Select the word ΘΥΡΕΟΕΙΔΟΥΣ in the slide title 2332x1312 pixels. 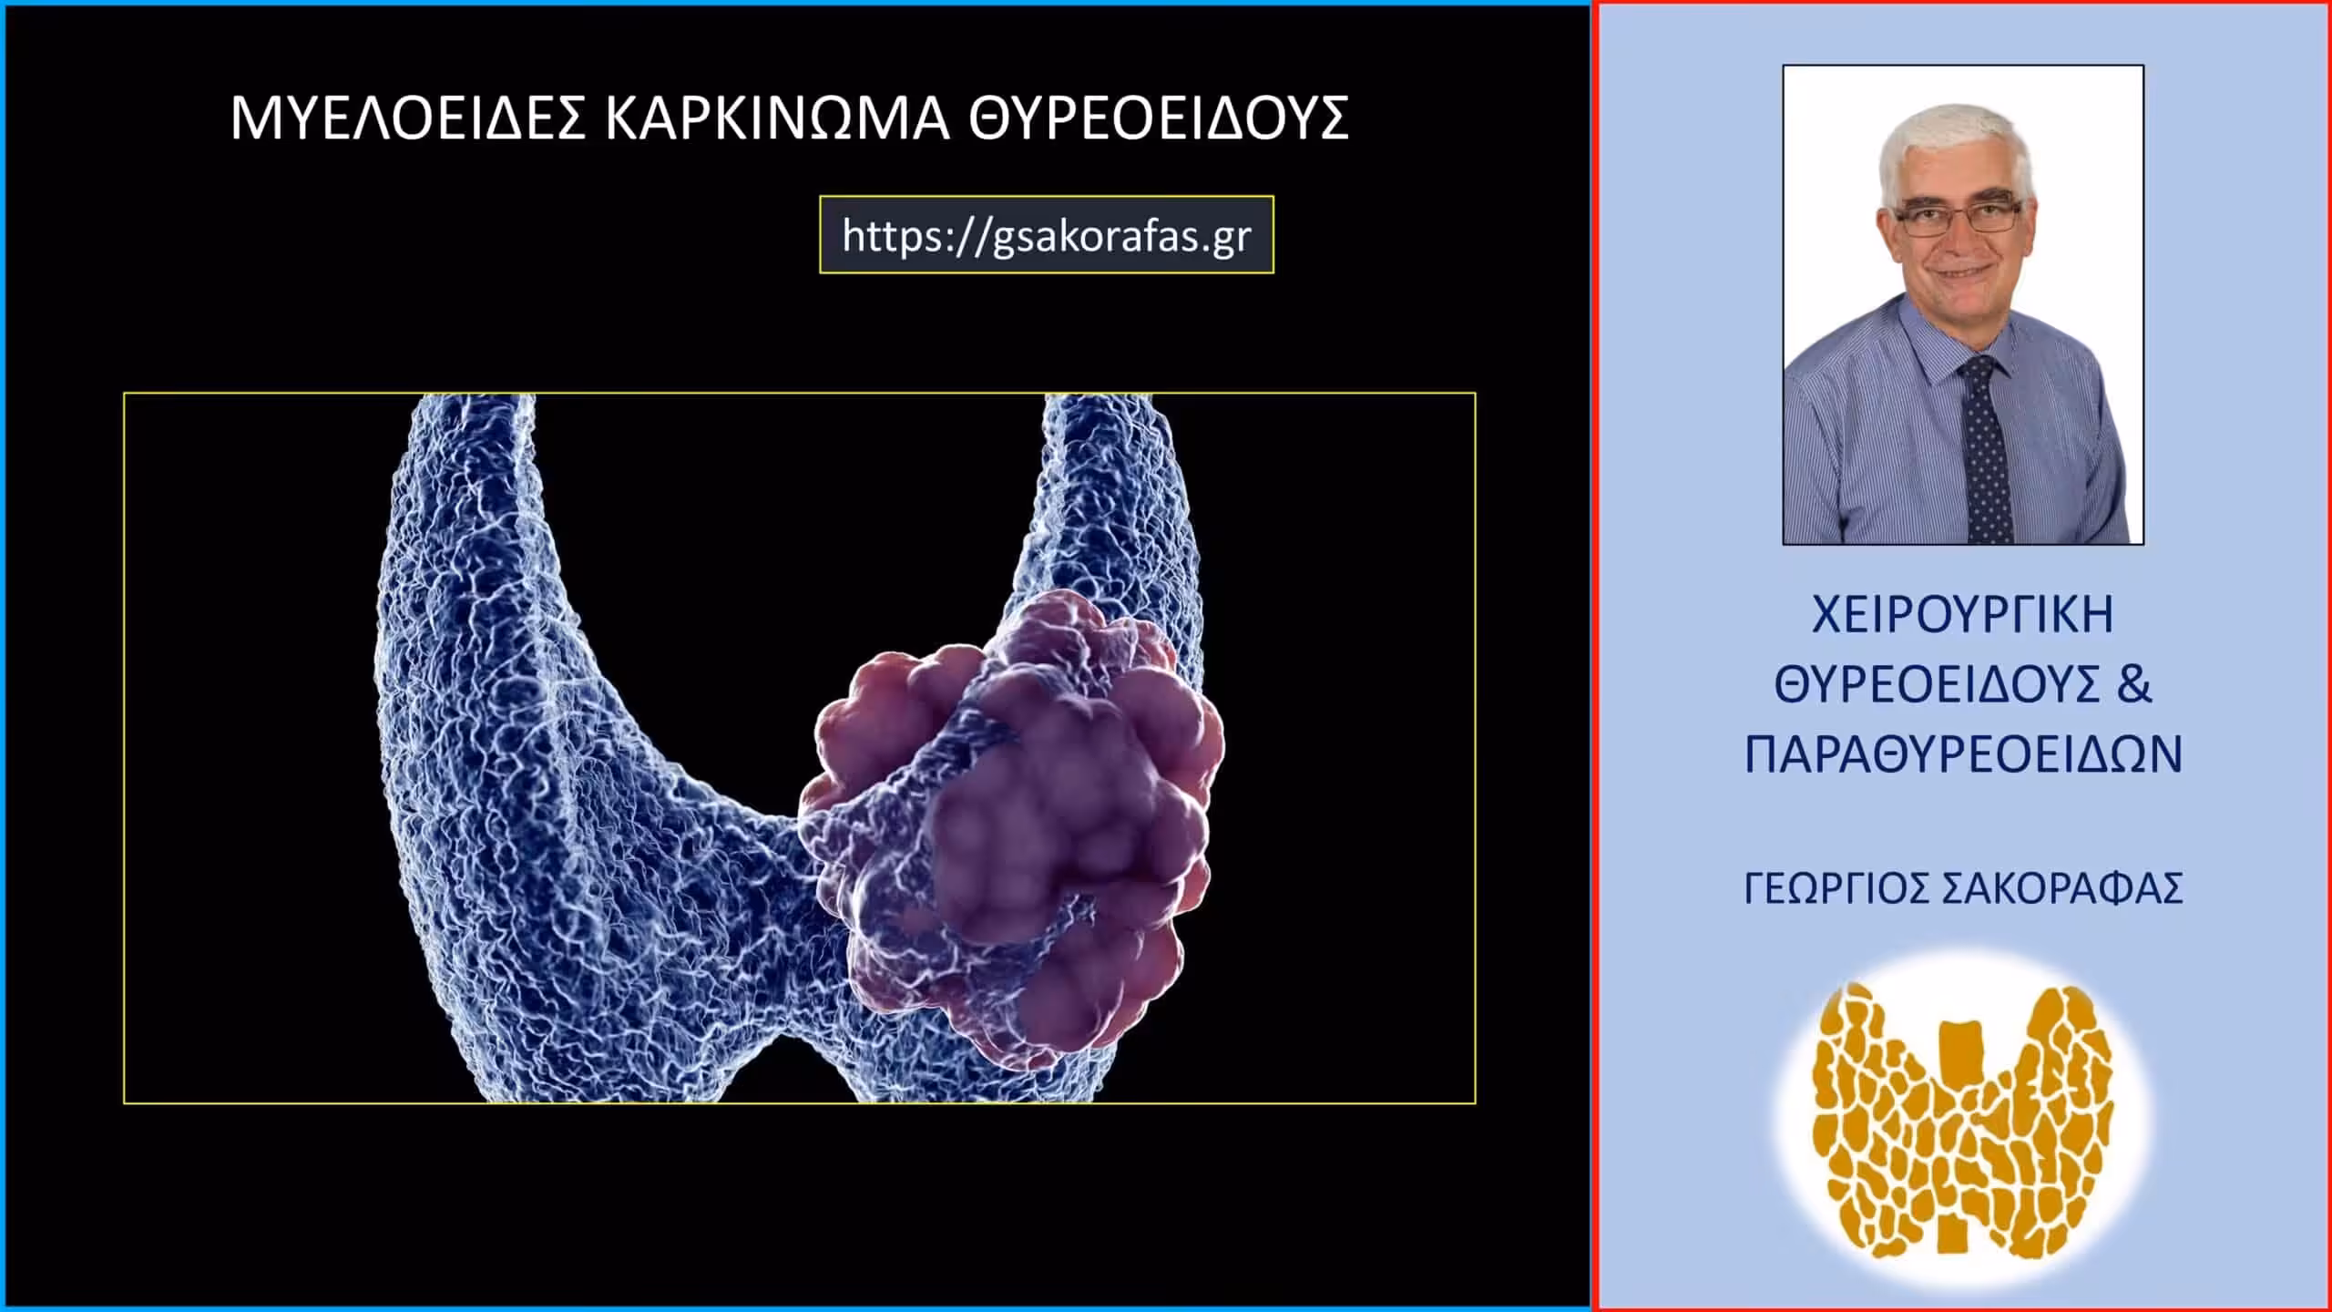click(1158, 118)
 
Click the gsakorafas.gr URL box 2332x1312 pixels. click(1047, 235)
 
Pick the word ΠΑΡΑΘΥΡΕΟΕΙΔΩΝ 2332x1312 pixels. click(1963, 754)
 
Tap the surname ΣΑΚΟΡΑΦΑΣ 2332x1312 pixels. click(2062, 888)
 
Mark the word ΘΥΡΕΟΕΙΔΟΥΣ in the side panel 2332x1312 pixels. click(1937, 685)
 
